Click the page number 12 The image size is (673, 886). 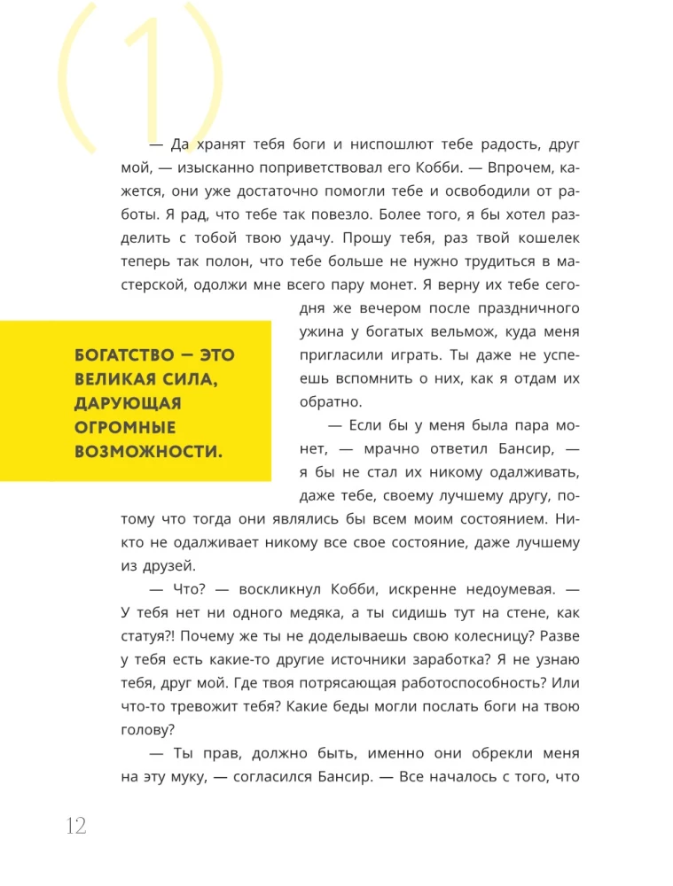click(x=75, y=826)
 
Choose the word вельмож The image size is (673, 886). click(x=471, y=332)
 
